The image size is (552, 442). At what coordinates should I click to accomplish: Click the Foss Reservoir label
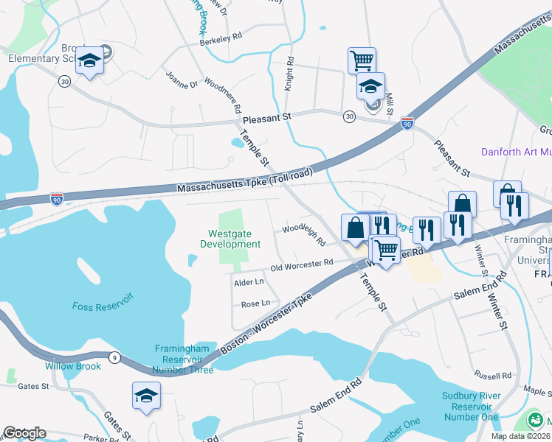point(103,305)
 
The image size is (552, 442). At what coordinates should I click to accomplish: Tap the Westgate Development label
point(230,239)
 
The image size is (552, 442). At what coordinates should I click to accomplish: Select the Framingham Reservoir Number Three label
point(184,359)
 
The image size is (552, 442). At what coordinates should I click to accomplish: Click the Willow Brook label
point(72,365)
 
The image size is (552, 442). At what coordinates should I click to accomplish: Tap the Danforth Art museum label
point(516,152)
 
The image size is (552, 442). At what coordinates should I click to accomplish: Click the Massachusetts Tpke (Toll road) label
point(244,181)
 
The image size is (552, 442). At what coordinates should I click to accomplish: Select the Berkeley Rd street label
point(221,37)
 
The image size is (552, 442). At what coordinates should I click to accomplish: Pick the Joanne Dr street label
point(182,80)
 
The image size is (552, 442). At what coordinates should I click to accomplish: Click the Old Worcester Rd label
point(303,264)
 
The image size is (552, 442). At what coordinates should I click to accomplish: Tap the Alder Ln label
point(248,282)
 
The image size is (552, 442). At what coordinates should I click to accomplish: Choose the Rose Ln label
point(255,303)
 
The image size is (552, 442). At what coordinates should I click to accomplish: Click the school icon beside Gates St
point(146,396)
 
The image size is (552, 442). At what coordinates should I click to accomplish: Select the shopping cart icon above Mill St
point(362,60)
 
